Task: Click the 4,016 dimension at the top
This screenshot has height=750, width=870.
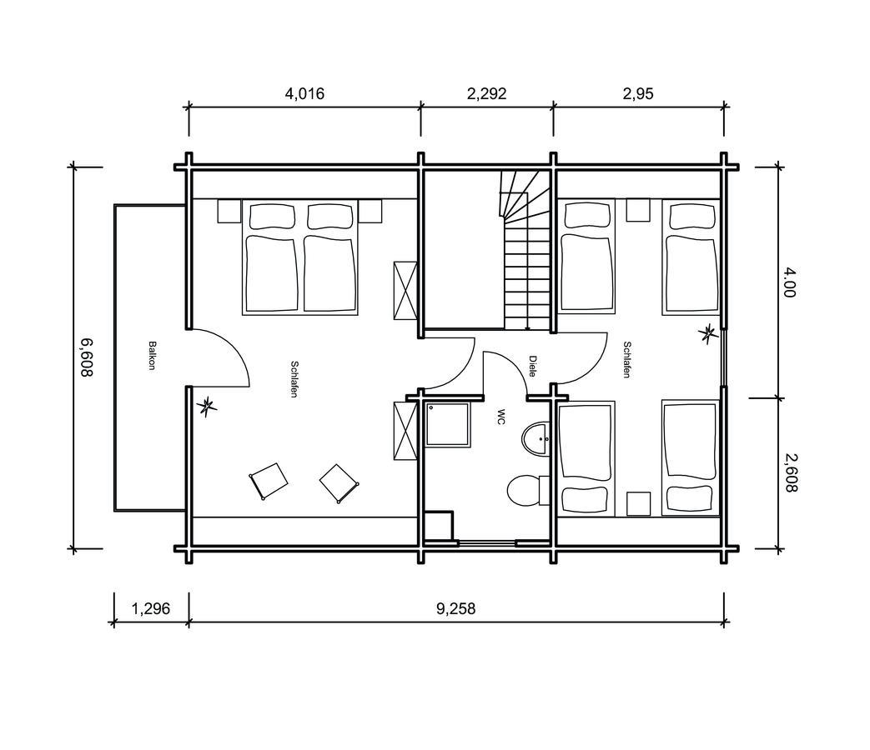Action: point(304,93)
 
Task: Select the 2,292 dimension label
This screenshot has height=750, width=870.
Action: point(486,93)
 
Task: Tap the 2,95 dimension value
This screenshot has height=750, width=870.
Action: point(638,93)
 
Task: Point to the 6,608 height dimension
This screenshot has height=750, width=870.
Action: point(85,357)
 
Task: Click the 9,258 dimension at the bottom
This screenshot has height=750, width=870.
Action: point(455,608)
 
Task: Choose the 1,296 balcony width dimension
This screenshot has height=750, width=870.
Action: point(151,608)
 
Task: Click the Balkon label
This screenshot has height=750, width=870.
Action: point(152,356)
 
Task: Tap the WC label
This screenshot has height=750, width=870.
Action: point(501,417)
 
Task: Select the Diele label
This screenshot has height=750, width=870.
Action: point(532,367)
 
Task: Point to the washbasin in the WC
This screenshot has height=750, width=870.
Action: point(535,438)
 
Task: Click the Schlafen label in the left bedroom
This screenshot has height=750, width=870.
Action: point(294,378)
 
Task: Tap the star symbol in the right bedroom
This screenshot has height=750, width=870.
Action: point(709,335)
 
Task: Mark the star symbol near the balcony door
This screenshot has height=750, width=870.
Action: point(206,406)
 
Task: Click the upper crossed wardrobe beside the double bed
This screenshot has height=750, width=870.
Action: point(405,290)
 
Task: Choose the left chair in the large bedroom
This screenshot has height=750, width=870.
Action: point(268,481)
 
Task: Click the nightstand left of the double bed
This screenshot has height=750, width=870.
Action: point(229,212)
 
